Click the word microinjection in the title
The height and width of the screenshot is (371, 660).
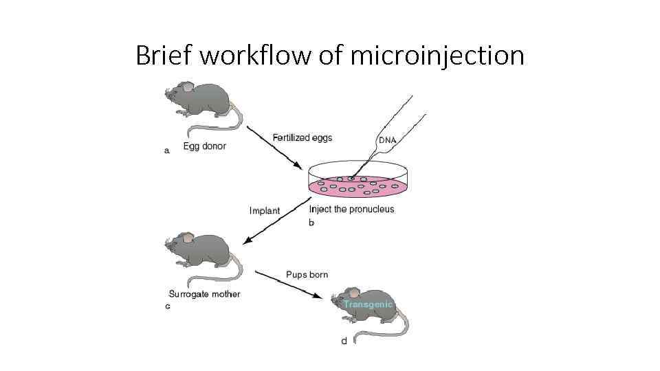[437, 55]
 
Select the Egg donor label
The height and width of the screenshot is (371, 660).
[204, 146]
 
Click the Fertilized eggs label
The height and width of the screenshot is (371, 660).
[302, 138]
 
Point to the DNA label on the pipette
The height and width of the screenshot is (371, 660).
[388, 140]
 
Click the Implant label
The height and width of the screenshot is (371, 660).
[265, 211]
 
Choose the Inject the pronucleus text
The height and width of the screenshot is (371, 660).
[352, 209]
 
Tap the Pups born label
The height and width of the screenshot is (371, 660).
[307, 275]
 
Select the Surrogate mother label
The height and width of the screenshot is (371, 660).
[205, 295]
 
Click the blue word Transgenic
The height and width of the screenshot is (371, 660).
[368, 304]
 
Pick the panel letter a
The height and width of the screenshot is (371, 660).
[166, 151]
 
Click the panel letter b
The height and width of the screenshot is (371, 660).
[311, 223]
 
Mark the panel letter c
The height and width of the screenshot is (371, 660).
[168, 306]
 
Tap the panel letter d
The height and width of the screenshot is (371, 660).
[344, 341]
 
